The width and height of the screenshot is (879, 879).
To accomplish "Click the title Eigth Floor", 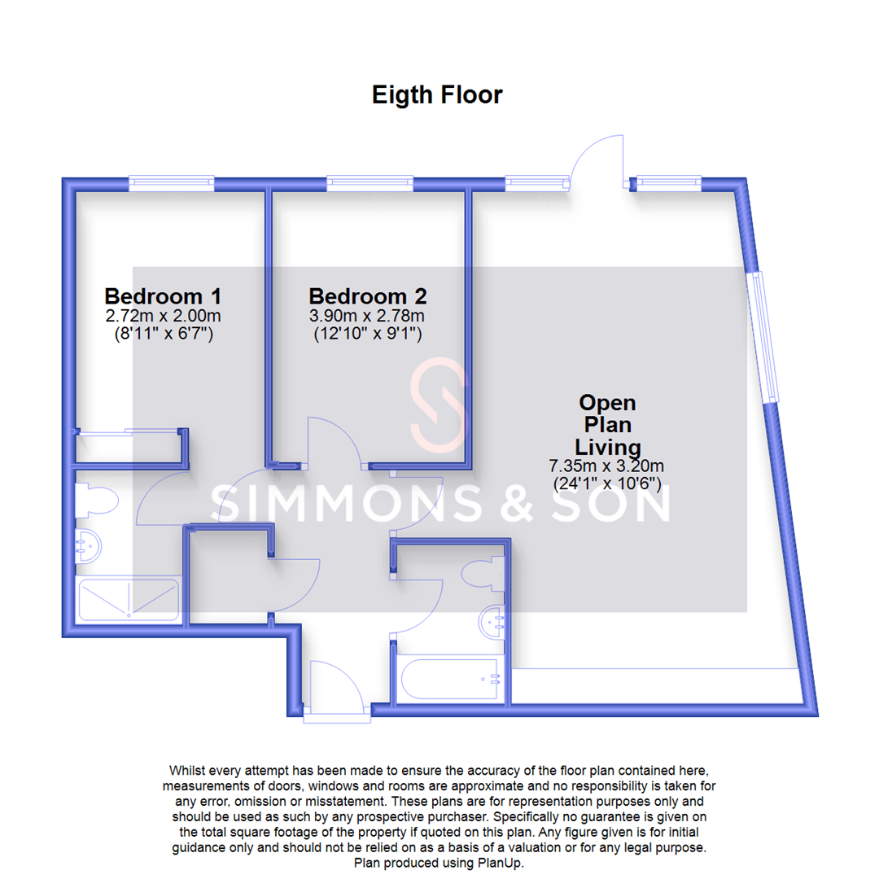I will point(437,95).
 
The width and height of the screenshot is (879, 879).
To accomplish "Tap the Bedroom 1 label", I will point(163,295).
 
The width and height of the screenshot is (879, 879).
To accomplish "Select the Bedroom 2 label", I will point(368,295).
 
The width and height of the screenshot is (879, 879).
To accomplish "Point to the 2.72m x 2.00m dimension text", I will point(163,316).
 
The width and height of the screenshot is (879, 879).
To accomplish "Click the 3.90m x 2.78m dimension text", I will point(368,316).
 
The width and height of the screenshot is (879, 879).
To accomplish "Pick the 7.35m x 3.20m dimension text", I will point(607,466).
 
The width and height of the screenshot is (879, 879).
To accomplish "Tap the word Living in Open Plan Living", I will point(607,447).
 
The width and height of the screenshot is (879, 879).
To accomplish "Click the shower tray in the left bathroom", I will point(128,599).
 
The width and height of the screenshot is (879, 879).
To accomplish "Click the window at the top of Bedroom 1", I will point(171,182).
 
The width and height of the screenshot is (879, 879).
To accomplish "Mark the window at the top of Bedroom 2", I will point(370,182).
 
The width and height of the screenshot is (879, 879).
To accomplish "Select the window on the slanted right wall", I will point(764,335).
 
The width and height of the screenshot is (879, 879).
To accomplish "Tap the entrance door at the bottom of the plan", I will point(335,692).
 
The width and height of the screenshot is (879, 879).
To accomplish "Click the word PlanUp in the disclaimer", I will point(505,864).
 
